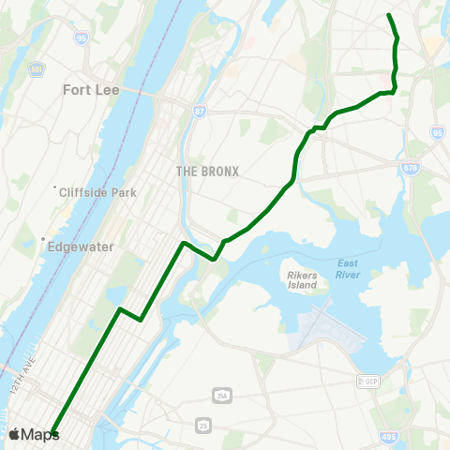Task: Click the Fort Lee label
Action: (94, 91)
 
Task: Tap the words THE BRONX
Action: (208, 172)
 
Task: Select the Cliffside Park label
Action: (98, 193)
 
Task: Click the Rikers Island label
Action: (301, 279)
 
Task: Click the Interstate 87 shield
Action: (200, 112)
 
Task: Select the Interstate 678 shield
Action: (411, 168)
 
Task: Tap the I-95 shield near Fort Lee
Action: (82, 38)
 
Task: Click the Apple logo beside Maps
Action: (16, 434)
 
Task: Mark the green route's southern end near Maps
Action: (53, 434)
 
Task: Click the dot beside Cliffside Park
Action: (55, 186)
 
